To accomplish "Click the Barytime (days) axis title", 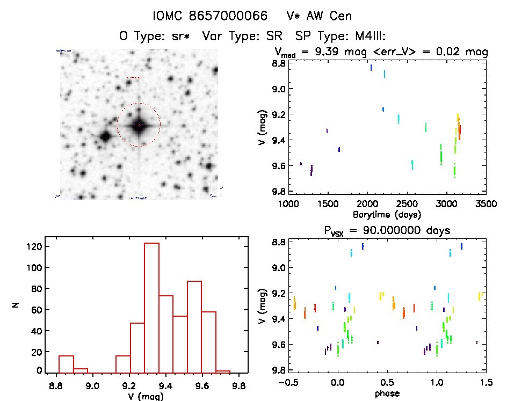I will (x=387, y=214).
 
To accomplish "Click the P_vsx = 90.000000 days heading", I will (x=387, y=230).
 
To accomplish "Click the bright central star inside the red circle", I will (x=139, y=125).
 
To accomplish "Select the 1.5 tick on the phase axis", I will (x=486, y=383).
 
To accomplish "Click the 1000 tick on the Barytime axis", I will (x=288, y=204).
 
